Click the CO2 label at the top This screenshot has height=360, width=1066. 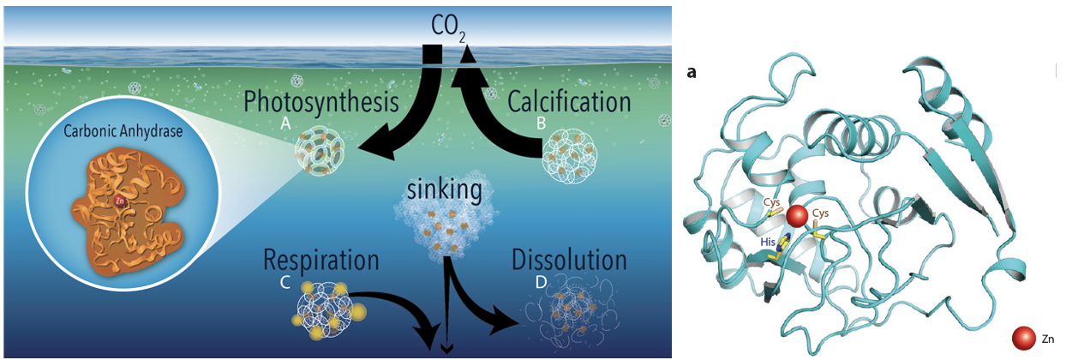tap(448, 27)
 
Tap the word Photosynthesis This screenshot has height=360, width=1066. tap(321, 102)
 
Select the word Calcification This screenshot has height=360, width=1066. tap(569, 101)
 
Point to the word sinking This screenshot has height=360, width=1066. tap(445, 190)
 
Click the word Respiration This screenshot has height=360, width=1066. tap(321, 261)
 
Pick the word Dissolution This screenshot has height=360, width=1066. tap(569, 260)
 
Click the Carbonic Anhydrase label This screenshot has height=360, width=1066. tap(123, 131)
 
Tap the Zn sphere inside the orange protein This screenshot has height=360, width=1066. tap(119, 201)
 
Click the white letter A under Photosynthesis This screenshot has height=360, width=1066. tap(285, 123)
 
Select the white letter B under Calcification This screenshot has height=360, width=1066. tap(541, 123)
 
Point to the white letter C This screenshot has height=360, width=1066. tap(285, 282)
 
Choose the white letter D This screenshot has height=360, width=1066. tap(541, 282)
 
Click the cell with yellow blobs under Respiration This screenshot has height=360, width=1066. tap(328, 309)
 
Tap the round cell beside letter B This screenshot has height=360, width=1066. tap(570, 156)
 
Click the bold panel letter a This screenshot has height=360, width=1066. tap(692, 73)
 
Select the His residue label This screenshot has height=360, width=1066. tap(768, 242)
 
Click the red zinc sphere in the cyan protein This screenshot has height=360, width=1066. tap(797, 216)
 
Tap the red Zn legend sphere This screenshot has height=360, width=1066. tap(1024, 339)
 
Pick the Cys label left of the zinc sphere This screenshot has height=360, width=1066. tap(772, 202)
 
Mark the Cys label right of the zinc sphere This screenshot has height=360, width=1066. tap(820, 213)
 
